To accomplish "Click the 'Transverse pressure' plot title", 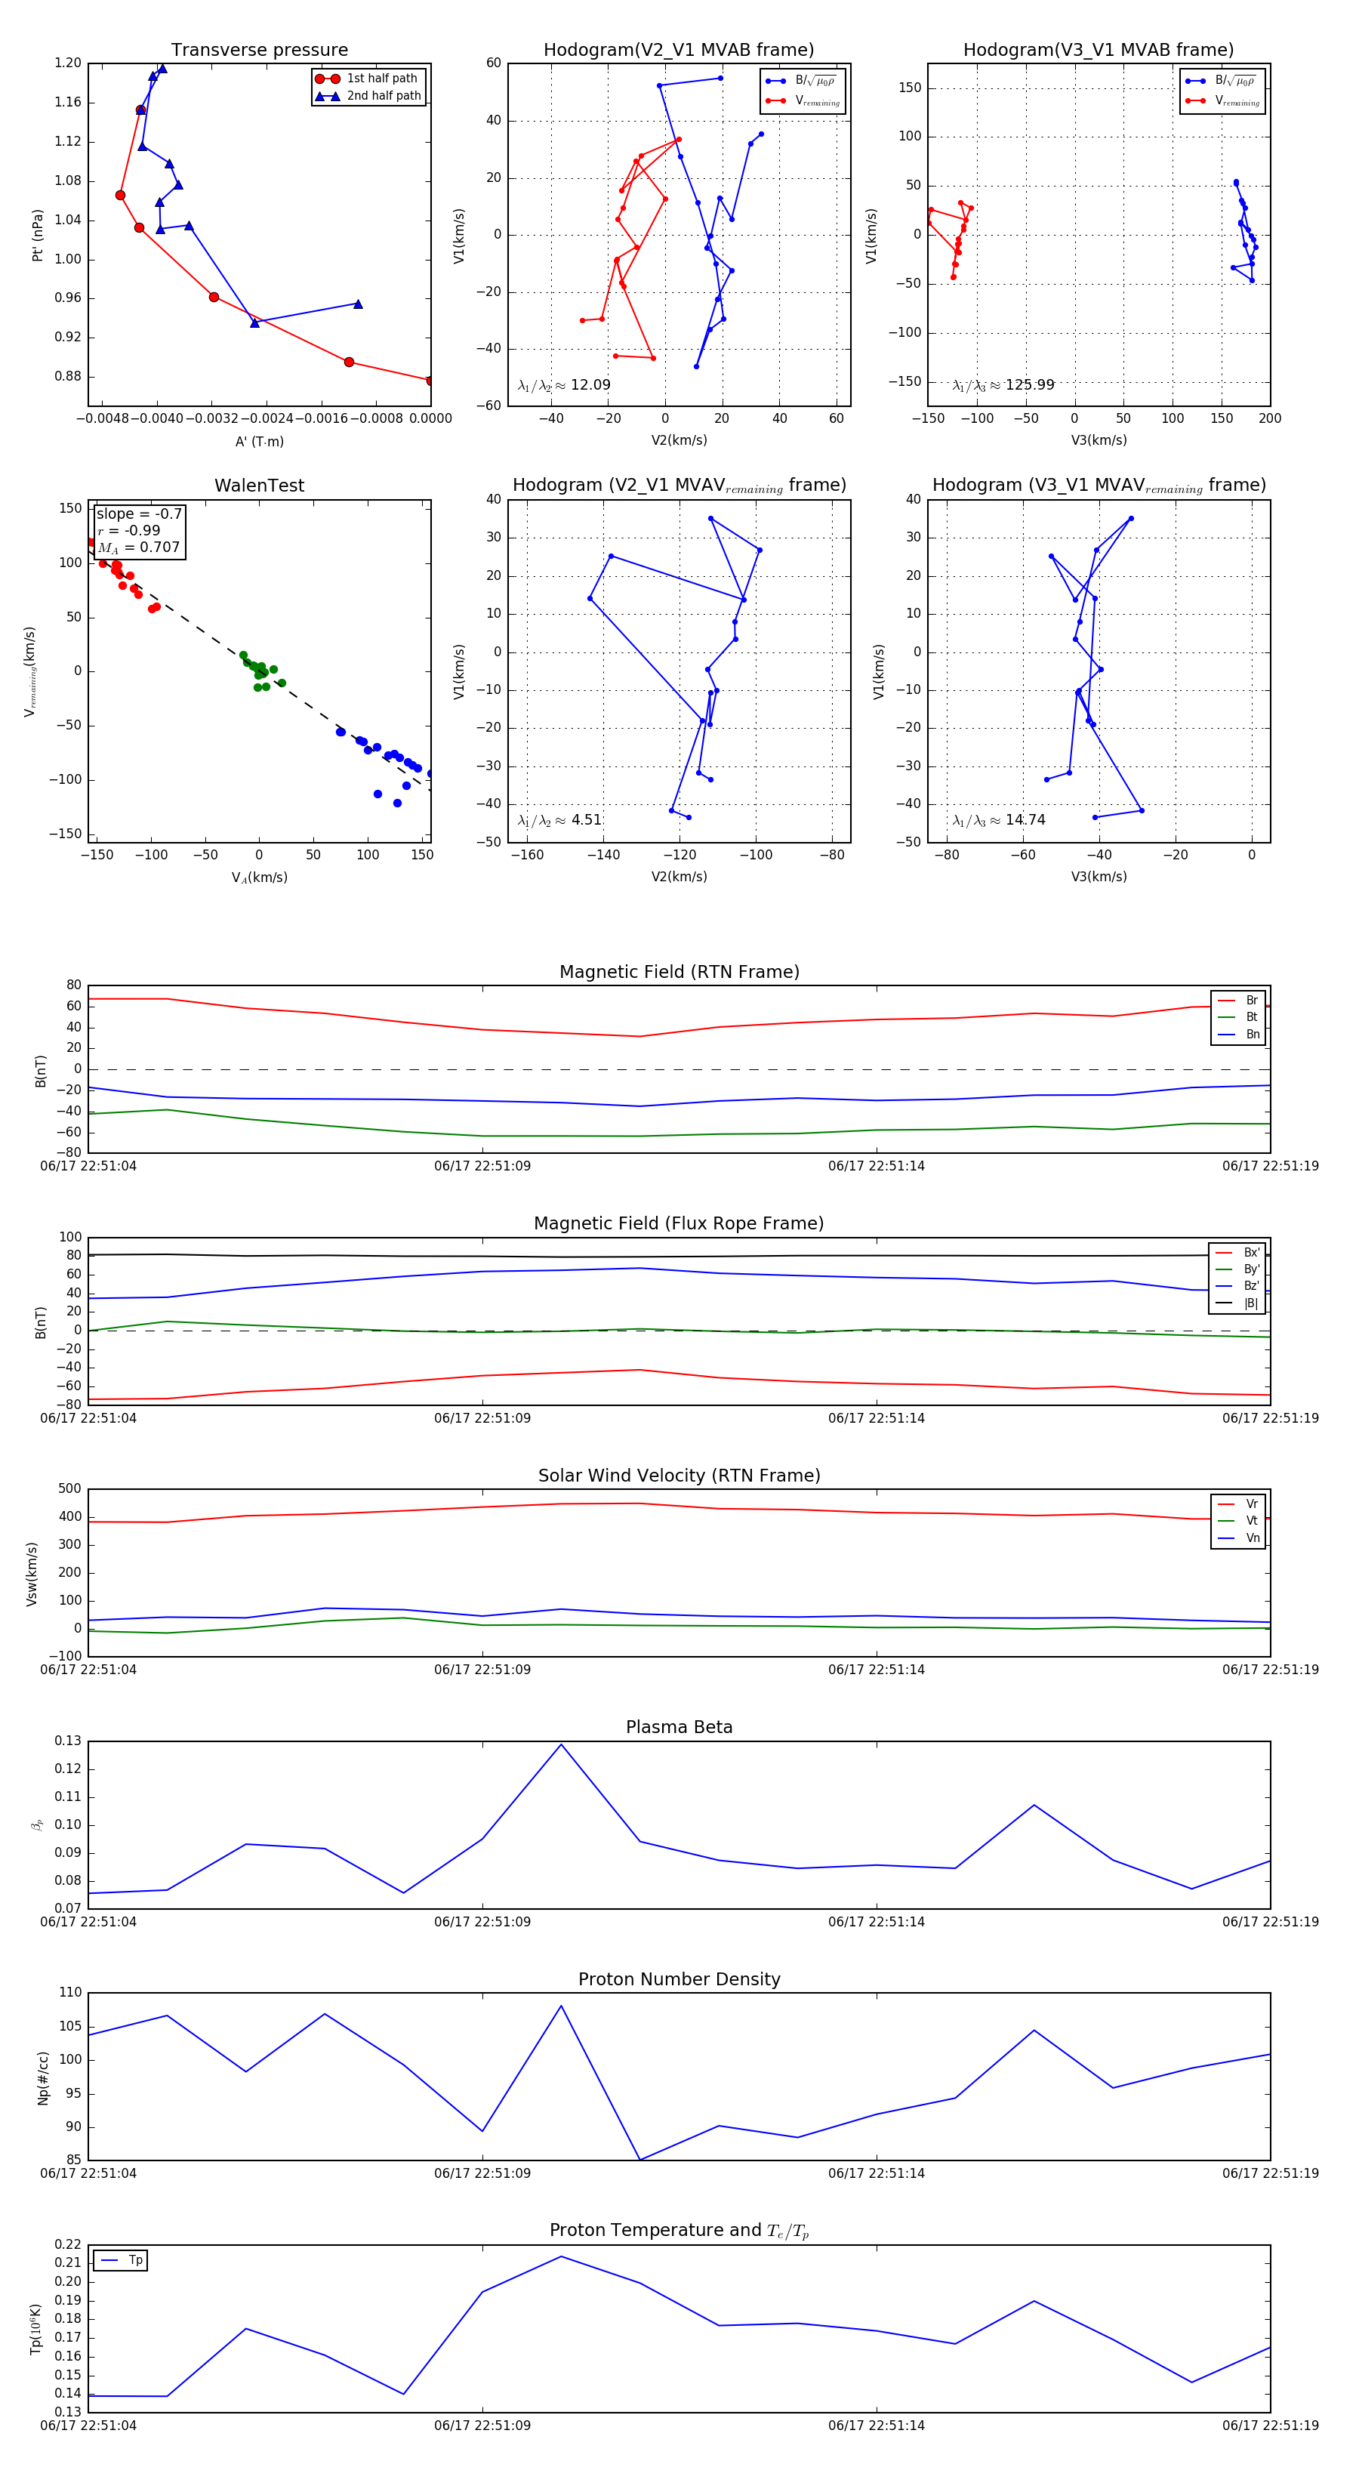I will pos(259,51).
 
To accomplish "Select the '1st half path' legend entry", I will pos(381,79).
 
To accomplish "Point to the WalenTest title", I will pos(259,486).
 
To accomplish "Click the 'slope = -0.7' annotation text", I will pos(138,514).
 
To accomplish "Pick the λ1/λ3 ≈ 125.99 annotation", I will pos(1003,385).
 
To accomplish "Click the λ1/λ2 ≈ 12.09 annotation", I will pos(564,385).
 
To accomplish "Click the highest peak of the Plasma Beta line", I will pos(561,1744).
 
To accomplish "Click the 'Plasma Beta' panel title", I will pos(679,1728).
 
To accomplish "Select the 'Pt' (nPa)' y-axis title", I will pos(37,235).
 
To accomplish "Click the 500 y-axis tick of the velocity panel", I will pos(69,1489).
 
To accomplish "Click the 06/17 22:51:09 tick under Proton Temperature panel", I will pos(482,2426).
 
